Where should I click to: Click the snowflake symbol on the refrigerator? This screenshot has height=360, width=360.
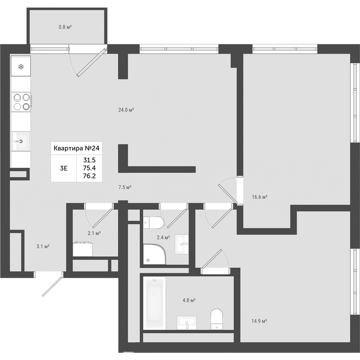[21, 67]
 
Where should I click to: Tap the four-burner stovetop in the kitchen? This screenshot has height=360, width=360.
[21, 102]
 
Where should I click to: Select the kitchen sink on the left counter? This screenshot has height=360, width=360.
[21, 141]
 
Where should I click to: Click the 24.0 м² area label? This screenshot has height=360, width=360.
[126, 110]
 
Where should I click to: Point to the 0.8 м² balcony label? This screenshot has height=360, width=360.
[65, 27]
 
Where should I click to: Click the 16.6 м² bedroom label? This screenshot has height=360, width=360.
[260, 197]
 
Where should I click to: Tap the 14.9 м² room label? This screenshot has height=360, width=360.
[259, 321]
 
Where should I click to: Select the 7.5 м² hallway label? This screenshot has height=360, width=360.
[125, 187]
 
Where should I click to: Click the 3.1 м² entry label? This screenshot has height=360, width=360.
[43, 247]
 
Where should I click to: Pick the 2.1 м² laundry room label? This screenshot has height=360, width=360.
[94, 233]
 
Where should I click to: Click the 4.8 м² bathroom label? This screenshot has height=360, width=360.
[189, 300]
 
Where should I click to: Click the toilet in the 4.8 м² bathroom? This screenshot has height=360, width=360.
[217, 319]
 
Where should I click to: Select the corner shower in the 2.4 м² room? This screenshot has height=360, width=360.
[154, 254]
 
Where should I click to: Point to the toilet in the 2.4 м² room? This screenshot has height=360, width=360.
[153, 222]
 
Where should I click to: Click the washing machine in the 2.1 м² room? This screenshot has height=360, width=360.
[83, 249]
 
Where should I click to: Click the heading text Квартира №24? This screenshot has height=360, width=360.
[76, 148]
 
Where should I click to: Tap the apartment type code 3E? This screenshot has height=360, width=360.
[64, 168]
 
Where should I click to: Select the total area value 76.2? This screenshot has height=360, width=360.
[89, 176]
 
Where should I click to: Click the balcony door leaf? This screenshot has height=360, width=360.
[92, 62]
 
